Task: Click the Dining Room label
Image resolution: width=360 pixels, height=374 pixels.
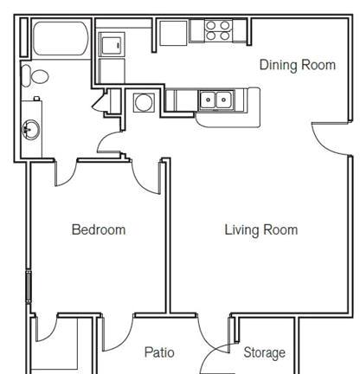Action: tap(298, 65)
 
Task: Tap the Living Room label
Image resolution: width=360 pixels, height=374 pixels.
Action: tap(261, 230)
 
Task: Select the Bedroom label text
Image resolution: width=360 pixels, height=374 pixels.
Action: tap(99, 229)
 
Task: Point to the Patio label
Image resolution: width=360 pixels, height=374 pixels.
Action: tap(159, 352)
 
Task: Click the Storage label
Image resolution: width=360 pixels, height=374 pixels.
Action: tap(265, 352)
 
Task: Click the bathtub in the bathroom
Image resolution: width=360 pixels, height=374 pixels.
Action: tap(61, 38)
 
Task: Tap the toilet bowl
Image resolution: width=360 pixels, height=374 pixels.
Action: tap(40, 76)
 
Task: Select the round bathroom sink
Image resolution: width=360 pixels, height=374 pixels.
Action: tap(30, 130)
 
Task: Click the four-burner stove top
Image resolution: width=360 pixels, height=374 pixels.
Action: tap(218, 30)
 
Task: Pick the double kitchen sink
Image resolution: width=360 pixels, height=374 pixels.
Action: tap(215, 100)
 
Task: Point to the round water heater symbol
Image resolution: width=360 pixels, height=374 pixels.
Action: tap(144, 102)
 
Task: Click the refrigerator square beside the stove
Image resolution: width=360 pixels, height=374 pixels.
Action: tap(173, 33)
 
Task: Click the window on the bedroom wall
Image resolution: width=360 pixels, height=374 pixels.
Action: tap(29, 287)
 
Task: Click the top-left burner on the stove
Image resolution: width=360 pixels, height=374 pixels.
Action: tap(211, 25)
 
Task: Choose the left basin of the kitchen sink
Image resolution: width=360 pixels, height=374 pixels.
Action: tap(208, 100)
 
